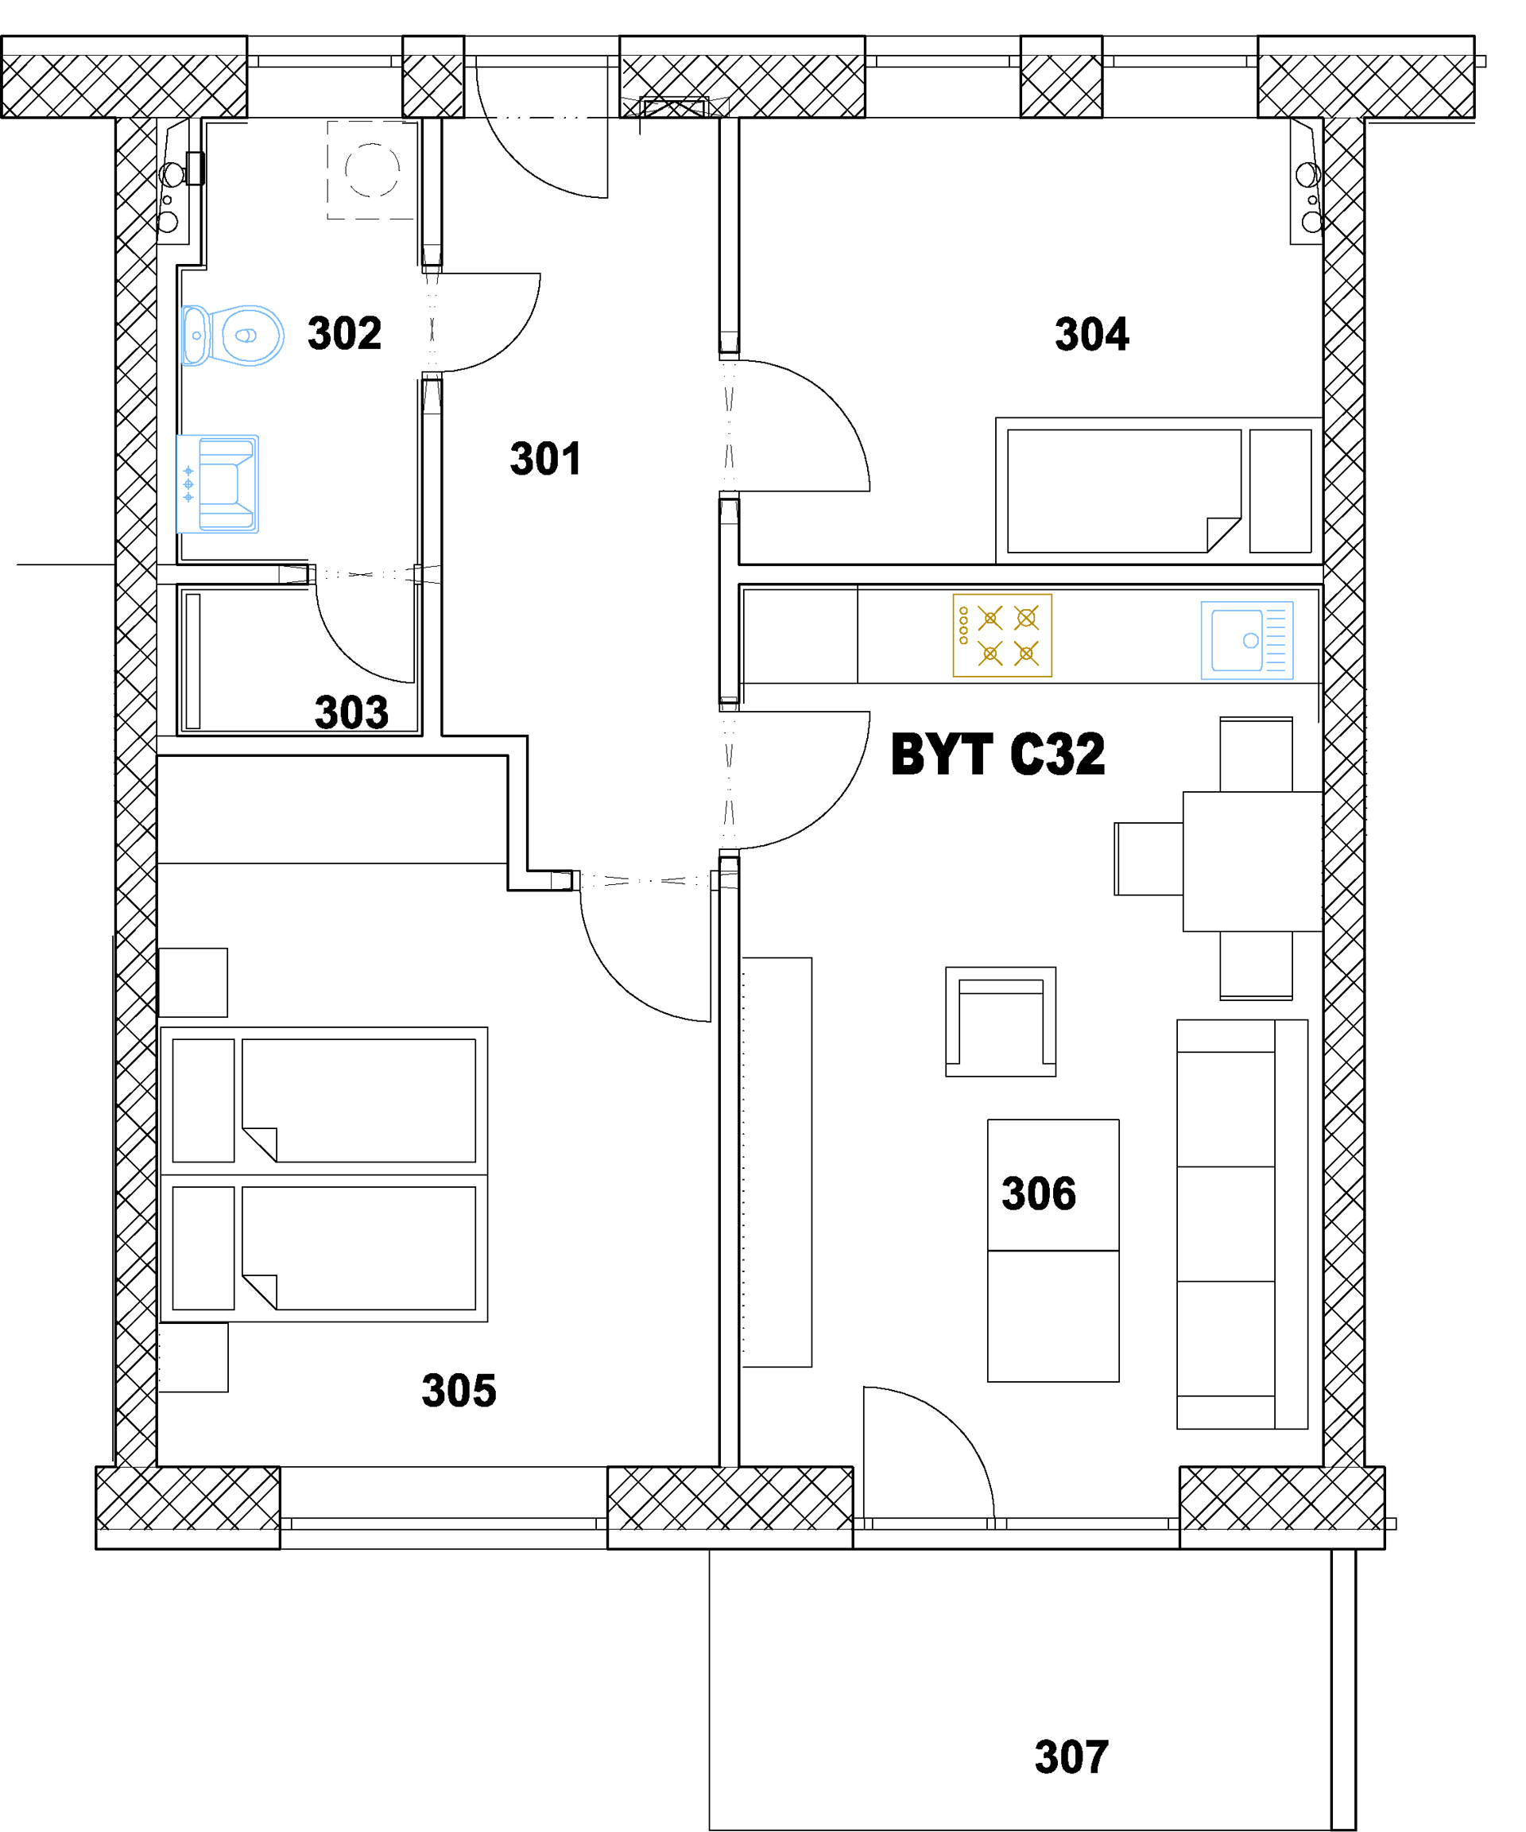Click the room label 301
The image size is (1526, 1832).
[x=545, y=459]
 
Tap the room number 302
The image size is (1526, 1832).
[x=344, y=333]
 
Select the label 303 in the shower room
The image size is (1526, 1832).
[x=351, y=712]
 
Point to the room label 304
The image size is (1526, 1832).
[x=1092, y=334]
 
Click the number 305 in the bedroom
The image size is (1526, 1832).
[x=459, y=1391]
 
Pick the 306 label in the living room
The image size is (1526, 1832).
[x=1039, y=1194]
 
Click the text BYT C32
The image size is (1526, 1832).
[x=997, y=754]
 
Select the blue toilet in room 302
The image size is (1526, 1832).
[x=232, y=335]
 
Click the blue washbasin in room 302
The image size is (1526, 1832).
[x=218, y=484]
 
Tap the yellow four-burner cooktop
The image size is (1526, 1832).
[x=1002, y=636]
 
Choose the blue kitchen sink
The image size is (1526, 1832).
[x=1247, y=640]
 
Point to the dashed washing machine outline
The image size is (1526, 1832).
[x=370, y=170]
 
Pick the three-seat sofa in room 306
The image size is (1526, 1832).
[x=1241, y=1225]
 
